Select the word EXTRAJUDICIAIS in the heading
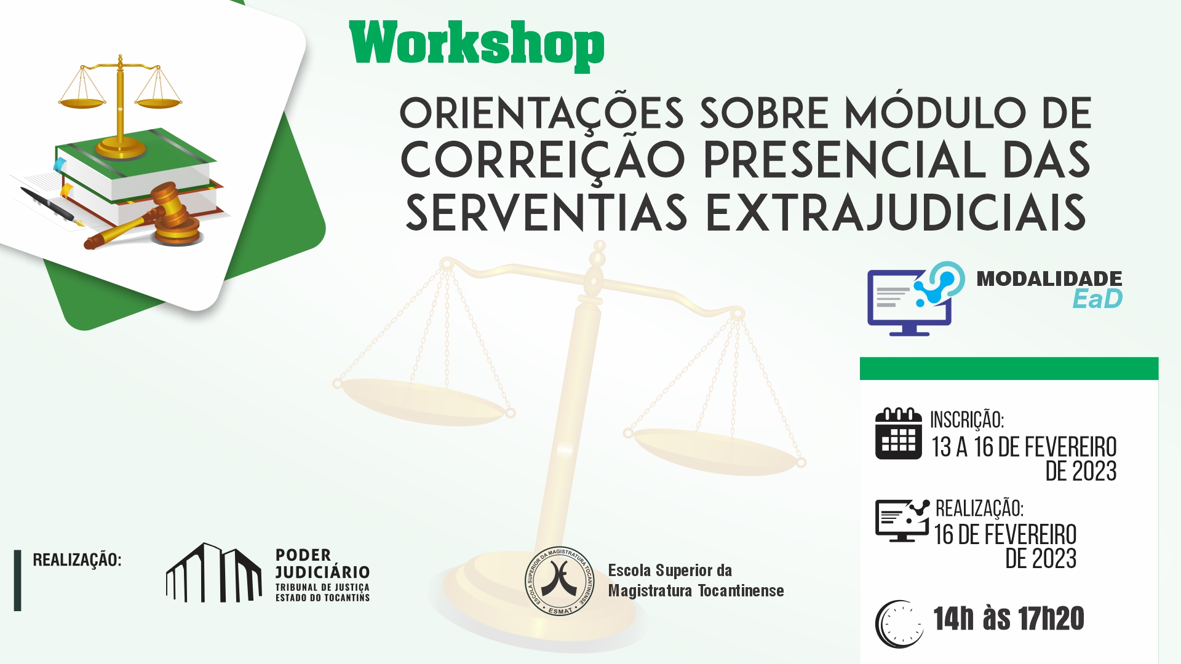896,213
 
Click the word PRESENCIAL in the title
845,159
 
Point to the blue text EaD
1097,299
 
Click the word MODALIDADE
1049,279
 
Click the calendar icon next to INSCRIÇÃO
899,433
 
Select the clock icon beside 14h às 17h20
899,624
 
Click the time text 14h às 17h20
1009,618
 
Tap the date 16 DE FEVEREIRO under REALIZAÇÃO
1005,535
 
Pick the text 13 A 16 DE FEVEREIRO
1024,447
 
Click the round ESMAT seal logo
560,581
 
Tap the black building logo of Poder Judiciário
213,572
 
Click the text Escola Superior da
670,571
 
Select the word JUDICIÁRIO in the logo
322,572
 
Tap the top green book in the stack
135,163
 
